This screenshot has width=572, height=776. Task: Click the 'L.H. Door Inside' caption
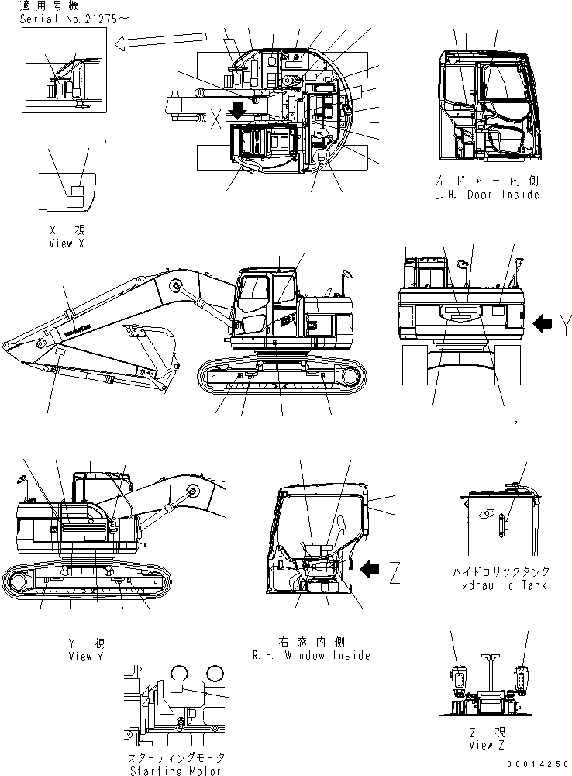pyautogui.click(x=487, y=195)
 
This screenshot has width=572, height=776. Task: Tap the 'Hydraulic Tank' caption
pyautogui.click(x=501, y=585)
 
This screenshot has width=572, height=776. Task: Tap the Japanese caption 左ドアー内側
pyautogui.click(x=487, y=181)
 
